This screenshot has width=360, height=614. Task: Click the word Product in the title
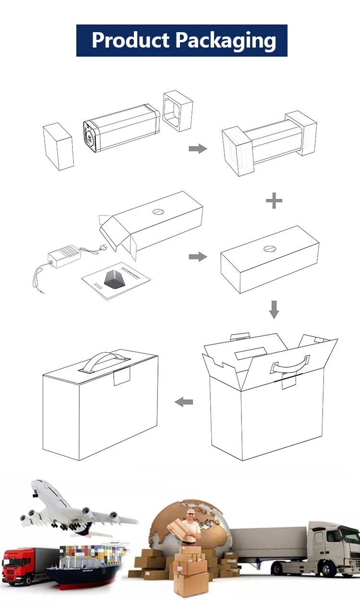point(131,40)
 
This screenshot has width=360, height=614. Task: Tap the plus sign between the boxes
point(274,201)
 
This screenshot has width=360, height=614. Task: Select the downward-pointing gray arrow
point(274,310)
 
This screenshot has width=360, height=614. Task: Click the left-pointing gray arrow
point(184,402)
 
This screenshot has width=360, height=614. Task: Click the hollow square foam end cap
point(178,111)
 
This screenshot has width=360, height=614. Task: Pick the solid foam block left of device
point(58,146)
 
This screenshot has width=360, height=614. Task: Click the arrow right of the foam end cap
point(198,149)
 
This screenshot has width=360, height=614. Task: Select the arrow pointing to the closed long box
point(198,257)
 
